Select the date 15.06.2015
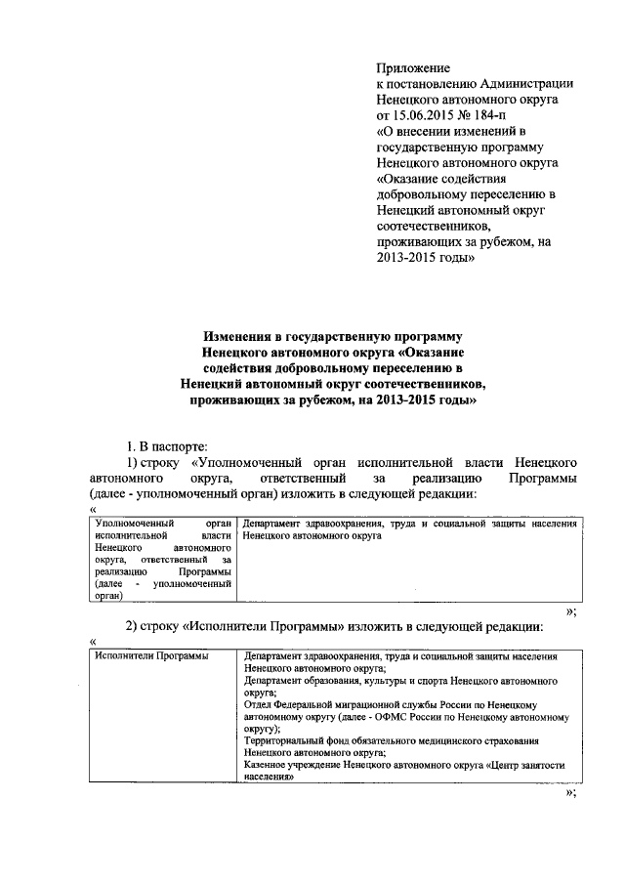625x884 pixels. (427, 114)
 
